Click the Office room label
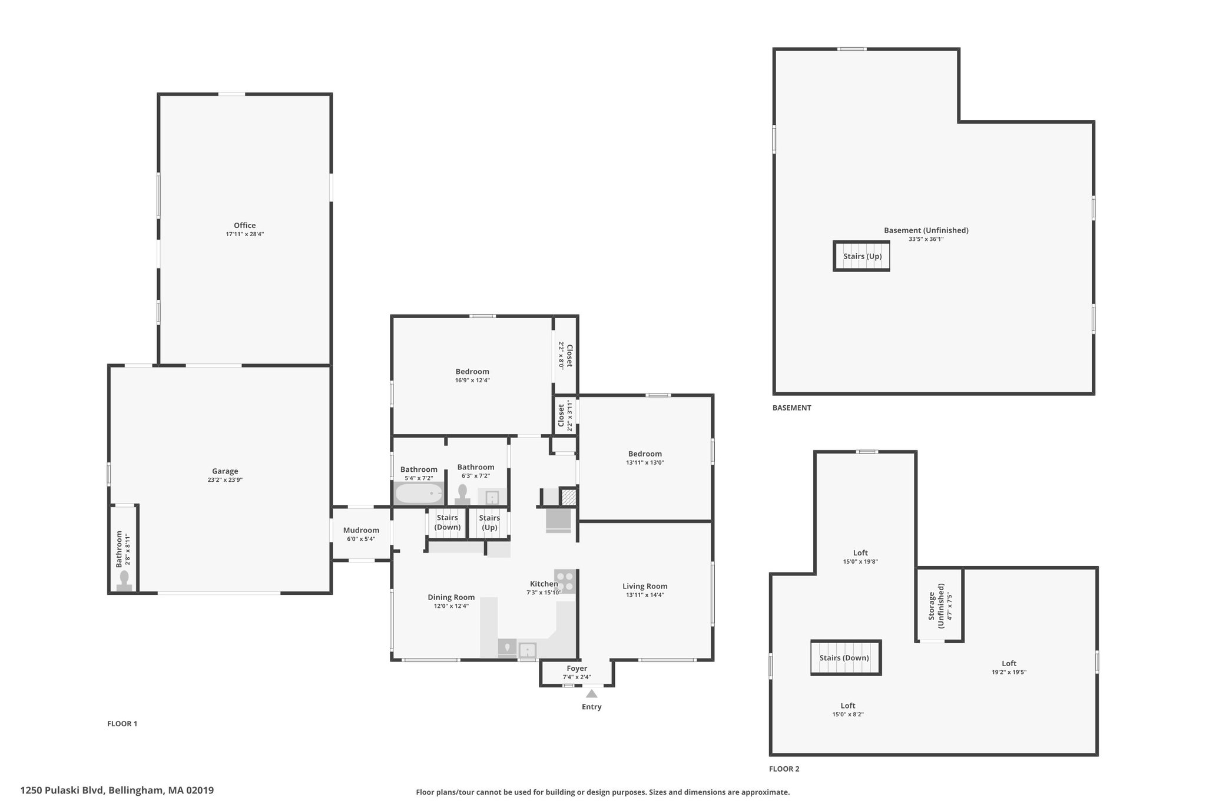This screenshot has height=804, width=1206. click(x=244, y=225)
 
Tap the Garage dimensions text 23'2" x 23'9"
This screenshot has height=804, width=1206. click(x=225, y=480)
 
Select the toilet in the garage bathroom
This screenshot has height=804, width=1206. click(x=124, y=580)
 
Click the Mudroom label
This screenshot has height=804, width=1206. click(x=361, y=530)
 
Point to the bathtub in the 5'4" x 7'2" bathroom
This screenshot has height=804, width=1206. click(x=419, y=493)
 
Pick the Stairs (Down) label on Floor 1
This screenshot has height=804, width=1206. click(x=448, y=522)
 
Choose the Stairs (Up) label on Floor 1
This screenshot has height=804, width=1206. click(x=489, y=522)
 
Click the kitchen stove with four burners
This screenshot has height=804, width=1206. click(x=565, y=581)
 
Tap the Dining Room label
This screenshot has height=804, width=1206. click(x=451, y=597)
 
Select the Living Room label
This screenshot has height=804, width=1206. click(x=645, y=586)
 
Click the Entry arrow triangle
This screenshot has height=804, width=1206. click(x=592, y=693)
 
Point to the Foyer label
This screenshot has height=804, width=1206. click(x=577, y=669)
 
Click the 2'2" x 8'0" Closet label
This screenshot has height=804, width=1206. click(x=569, y=356)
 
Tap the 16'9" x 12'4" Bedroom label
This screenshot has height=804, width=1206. click(x=472, y=372)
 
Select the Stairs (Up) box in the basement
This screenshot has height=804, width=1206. click(x=862, y=256)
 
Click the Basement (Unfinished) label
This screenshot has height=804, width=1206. click(x=926, y=230)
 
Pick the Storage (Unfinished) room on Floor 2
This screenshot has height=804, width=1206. click(x=940, y=605)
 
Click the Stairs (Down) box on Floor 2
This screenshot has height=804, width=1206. click(x=846, y=657)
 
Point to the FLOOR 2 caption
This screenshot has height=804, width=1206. click(x=784, y=769)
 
